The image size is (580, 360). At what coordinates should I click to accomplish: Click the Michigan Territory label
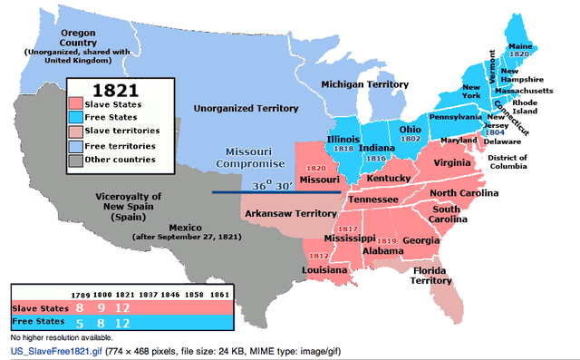(361, 84)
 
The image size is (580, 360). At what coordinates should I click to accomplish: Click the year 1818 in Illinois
(345, 148)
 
